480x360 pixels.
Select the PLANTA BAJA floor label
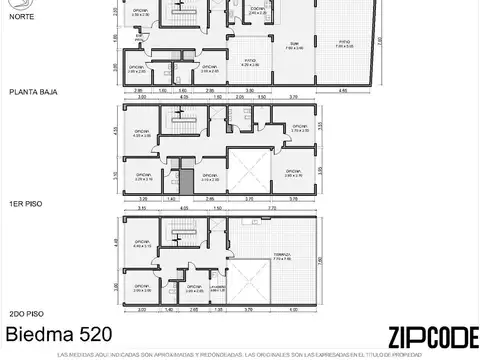pyautogui.click(x=33, y=90)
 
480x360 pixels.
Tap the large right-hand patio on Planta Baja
pyautogui.click(x=342, y=44)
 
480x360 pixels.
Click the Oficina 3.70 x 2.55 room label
pyautogui.click(x=298, y=130)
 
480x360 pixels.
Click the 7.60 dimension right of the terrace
pyautogui.click(x=381, y=263)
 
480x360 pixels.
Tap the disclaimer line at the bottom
pyautogui.click(x=240, y=353)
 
